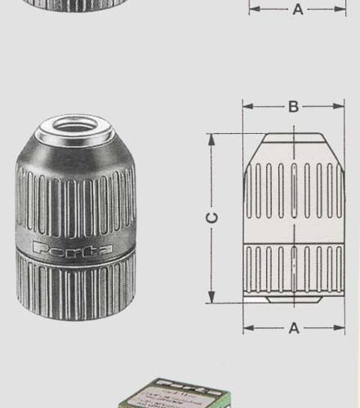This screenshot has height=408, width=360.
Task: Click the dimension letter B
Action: click(293, 106)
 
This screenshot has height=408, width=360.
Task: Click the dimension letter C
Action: click(211, 219)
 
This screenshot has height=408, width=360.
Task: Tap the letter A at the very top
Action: click(297, 10)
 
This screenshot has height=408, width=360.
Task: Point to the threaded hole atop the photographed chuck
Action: click(75, 126)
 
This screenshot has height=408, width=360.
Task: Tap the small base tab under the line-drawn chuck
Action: click(260, 299)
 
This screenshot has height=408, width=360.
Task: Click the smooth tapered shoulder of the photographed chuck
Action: click(75, 155)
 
